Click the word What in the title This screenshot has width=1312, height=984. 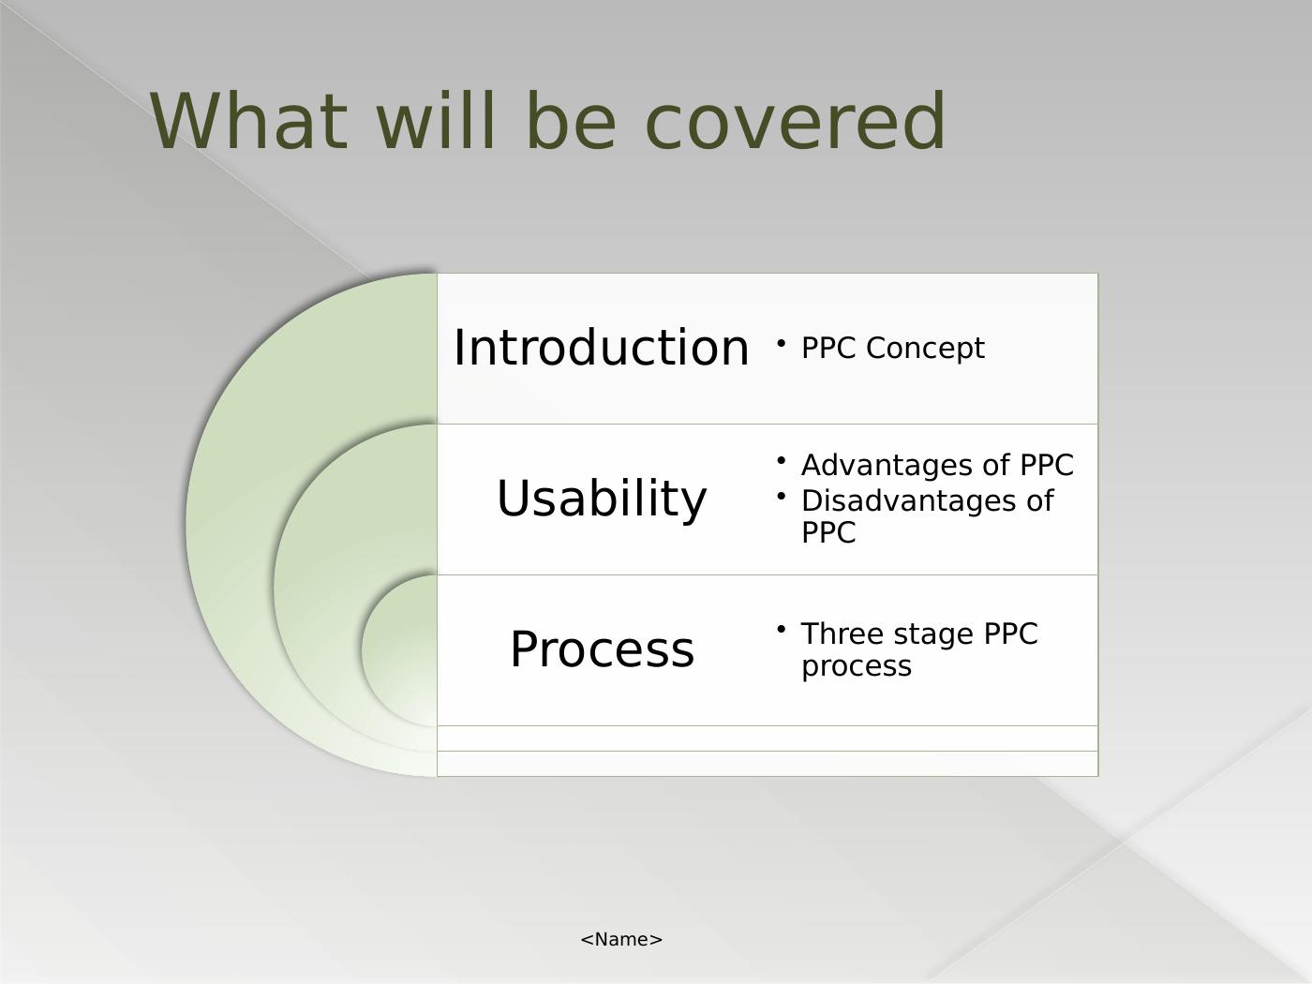(248, 120)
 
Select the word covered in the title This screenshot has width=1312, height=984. (795, 120)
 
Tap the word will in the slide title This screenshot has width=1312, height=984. (437, 120)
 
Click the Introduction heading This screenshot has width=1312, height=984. (602, 348)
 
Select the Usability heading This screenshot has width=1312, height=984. (602, 499)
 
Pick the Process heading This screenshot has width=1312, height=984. (602, 649)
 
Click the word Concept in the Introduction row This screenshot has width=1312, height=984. (925, 348)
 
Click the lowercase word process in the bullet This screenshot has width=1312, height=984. (856, 667)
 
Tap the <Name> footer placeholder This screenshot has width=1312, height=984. (621, 939)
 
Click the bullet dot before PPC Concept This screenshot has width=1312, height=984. (781, 343)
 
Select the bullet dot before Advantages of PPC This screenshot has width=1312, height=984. (781, 460)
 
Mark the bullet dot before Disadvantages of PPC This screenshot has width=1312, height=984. (781, 496)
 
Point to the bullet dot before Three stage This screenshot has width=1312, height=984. (781, 629)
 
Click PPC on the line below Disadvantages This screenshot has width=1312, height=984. (828, 532)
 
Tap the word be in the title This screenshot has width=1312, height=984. (571, 120)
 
